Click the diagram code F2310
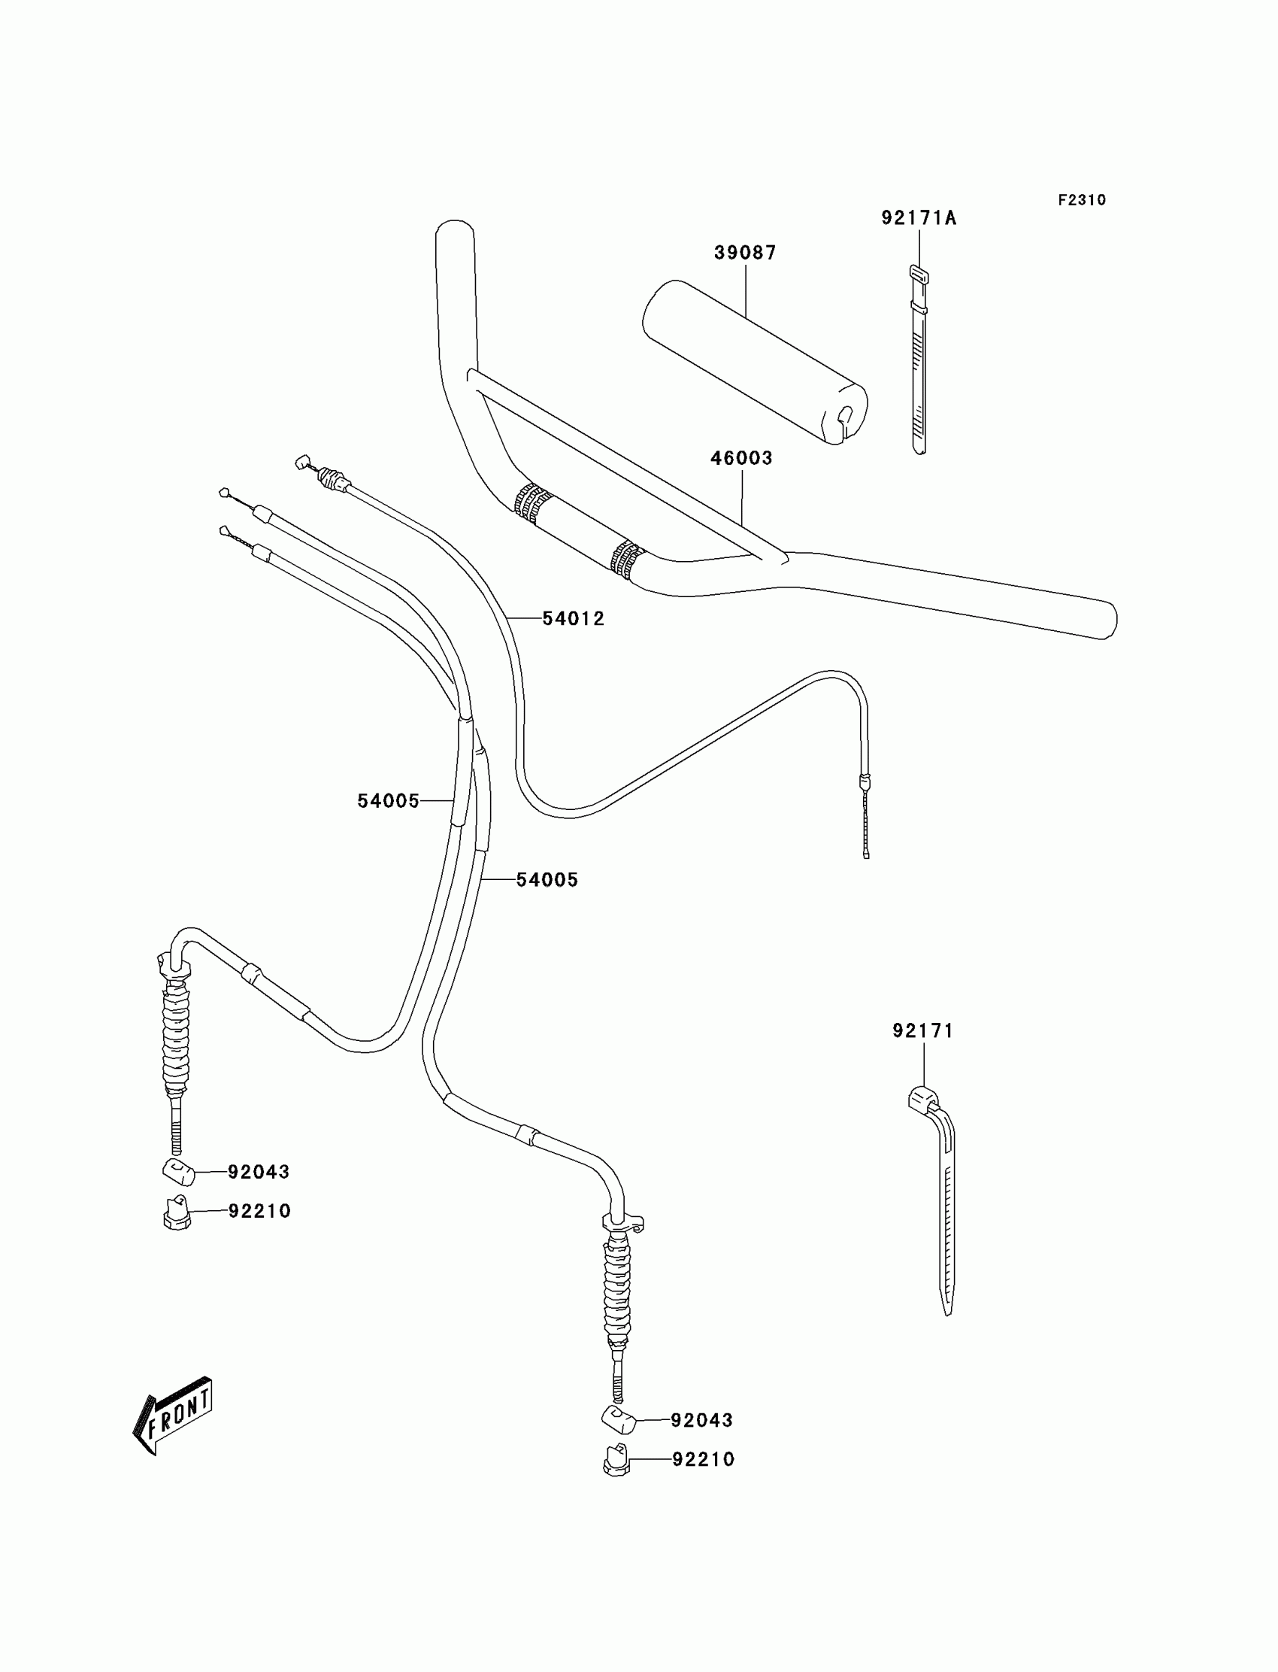tap(1081, 200)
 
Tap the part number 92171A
tap(918, 218)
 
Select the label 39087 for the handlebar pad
tap(745, 253)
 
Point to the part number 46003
tap(741, 458)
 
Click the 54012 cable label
tap(573, 619)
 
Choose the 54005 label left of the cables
tap(388, 800)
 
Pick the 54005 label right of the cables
tap(547, 880)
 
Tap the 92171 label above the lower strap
tap(922, 1030)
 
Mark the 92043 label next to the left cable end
tap(259, 1172)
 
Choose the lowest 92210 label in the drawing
tap(703, 1459)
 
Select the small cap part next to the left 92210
tap(177, 1212)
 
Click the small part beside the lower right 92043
tap(618, 1419)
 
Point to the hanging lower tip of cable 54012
tap(866, 852)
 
